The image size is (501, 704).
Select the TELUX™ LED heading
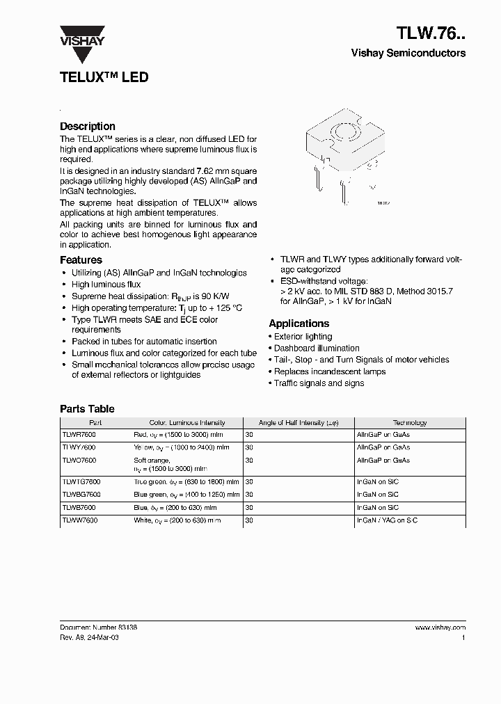pyautogui.click(x=104, y=77)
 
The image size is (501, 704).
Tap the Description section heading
pyautogui.click(x=88, y=127)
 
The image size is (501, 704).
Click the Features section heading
pyautogui.click(x=81, y=260)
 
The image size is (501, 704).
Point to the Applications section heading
pyautogui.click(x=299, y=323)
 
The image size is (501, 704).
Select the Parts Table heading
pyautogui.click(x=87, y=409)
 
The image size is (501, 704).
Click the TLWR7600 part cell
pyautogui.click(x=79, y=434)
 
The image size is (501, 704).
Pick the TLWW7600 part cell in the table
pyautogui.click(x=80, y=520)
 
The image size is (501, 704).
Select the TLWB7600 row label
pyautogui.click(x=79, y=507)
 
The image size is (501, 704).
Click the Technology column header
pyautogui.click(x=410, y=422)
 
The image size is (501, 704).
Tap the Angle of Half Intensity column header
pyautogui.click(x=299, y=422)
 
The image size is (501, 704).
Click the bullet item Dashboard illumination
pyautogui.click(x=317, y=349)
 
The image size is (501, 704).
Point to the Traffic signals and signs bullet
pyautogui.click(x=319, y=383)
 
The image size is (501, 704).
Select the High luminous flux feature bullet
pyautogui.click(x=106, y=285)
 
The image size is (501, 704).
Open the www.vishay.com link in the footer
pyautogui.click(x=440, y=627)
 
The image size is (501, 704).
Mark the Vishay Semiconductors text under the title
pyautogui.click(x=408, y=54)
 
